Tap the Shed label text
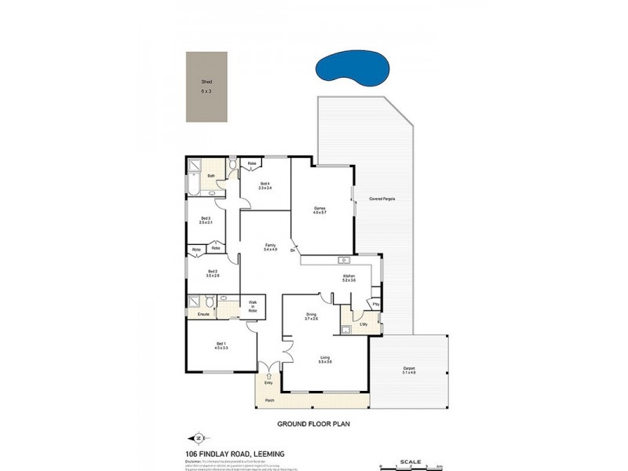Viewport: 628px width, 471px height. (x=206, y=82)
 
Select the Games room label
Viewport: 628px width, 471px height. (x=319, y=209)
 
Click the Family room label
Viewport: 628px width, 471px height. (x=269, y=244)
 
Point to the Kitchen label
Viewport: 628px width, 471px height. (x=349, y=276)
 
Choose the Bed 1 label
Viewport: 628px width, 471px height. (x=221, y=345)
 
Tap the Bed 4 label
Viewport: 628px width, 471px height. (x=265, y=184)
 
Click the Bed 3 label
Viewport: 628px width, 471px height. (x=206, y=218)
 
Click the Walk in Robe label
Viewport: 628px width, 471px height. (x=253, y=305)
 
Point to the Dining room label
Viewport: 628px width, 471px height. (x=312, y=315)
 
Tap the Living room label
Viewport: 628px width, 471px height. (x=325, y=360)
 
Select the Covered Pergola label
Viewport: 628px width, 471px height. (x=382, y=199)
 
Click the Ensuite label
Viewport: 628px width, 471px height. (x=203, y=314)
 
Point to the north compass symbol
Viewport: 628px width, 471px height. (x=197, y=438)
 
